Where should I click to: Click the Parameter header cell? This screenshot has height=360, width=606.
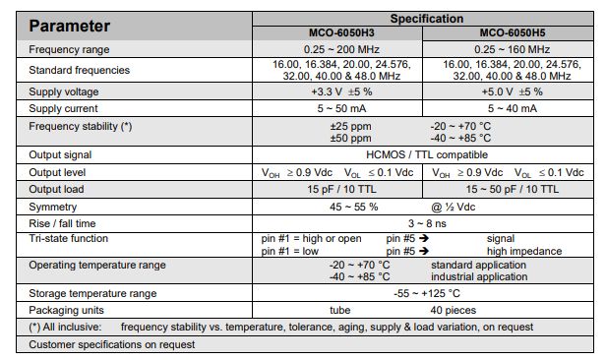pos(70,26)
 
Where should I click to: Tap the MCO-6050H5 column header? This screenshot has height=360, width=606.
pos(511,32)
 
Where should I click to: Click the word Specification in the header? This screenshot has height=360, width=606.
pos(426,18)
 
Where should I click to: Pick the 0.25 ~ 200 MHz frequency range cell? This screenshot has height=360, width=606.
pos(337,49)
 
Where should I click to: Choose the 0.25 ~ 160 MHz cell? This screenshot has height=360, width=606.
pos(512,49)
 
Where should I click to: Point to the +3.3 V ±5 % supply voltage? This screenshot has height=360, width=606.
pos(337,92)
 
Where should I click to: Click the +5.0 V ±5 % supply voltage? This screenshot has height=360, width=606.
pos(512,92)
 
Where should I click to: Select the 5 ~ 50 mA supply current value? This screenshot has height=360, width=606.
pos(337,108)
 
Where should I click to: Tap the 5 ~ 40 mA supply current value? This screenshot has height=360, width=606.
pos(512,108)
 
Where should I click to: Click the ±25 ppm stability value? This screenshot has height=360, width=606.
pos(351,126)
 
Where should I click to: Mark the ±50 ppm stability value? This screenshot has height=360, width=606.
pos(351,138)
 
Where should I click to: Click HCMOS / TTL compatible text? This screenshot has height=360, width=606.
pos(426,155)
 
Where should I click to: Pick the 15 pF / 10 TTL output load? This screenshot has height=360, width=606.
pos(337,188)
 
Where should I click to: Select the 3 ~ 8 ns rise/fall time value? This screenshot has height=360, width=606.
pos(426,223)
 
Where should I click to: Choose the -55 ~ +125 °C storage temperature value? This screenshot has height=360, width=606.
pos(426,293)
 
